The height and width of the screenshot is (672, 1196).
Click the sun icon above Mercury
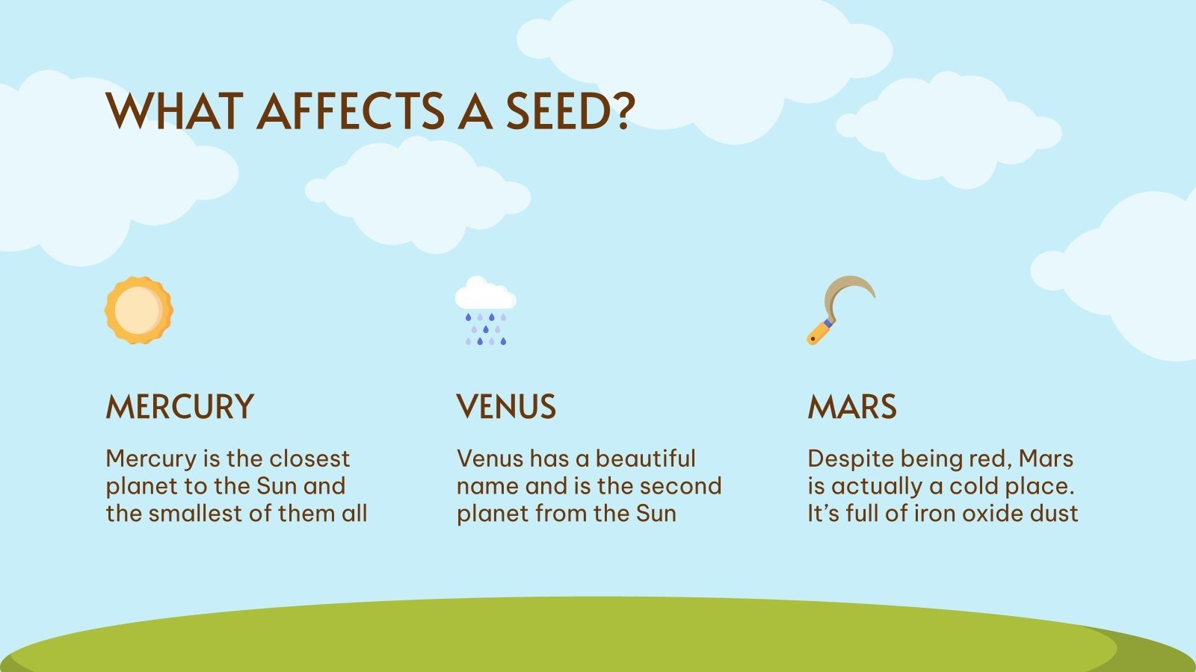pyautogui.click(x=139, y=311)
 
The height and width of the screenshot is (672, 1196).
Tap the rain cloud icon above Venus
pyautogui.click(x=486, y=311)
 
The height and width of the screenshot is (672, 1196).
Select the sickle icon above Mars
pyautogui.click(x=841, y=309)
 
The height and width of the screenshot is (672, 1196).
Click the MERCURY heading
pyautogui.click(x=180, y=408)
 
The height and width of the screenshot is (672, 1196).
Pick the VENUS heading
pyautogui.click(x=507, y=408)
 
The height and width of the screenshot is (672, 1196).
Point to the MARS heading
pyautogui.click(x=852, y=408)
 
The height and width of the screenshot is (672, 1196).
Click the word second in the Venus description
pyautogui.click(x=682, y=486)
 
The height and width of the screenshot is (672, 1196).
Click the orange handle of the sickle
pyautogui.click(x=819, y=331)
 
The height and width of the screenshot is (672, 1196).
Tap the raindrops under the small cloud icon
pyautogui.click(x=486, y=329)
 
